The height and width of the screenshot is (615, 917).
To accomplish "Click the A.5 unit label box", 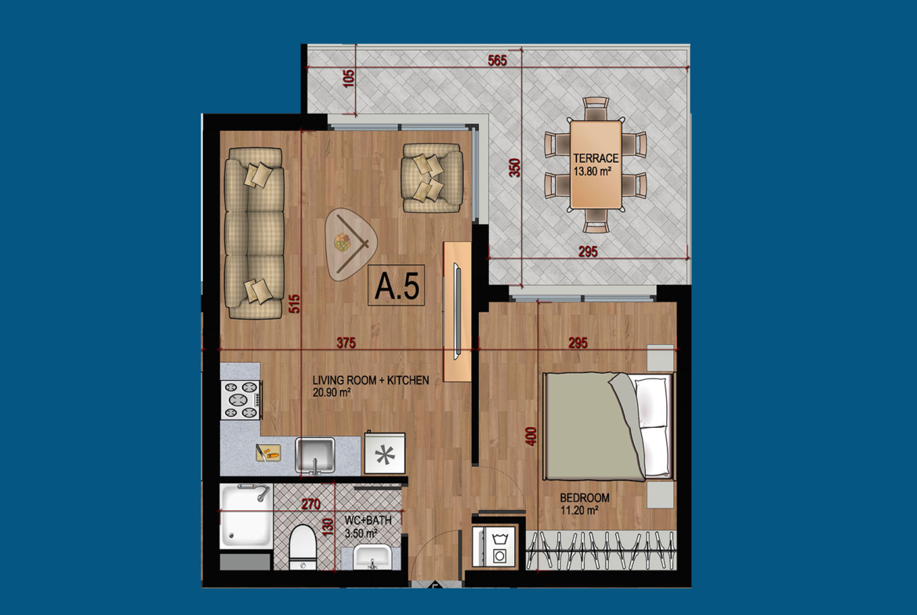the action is tap(397, 286).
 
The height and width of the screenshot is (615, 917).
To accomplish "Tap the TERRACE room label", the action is tap(596, 157).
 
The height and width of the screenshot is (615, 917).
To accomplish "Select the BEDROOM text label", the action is tap(584, 498).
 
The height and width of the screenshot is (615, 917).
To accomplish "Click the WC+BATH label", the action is tap(368, 519).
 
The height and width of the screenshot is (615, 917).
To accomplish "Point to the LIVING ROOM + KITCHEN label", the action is tap(371, 380).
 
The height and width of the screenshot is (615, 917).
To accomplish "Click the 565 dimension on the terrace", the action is tap(497, 60).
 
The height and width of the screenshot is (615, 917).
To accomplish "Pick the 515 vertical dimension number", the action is tap(294, 303).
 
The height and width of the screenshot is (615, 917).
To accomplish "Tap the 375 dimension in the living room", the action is tap(346, 342).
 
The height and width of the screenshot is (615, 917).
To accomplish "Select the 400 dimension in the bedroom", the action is tap(531, 436).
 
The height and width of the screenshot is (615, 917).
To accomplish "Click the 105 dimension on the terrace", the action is tap(349, 78).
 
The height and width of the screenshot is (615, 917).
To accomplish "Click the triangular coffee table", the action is tap(350, 244).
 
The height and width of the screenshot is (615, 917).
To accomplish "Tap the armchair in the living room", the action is tap(432, 178).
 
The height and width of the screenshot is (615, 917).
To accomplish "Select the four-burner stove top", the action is tap(241, 400).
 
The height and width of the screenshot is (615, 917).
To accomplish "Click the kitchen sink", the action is tap(314, 455).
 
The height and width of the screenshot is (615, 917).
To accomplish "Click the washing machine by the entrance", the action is tap(495, 547).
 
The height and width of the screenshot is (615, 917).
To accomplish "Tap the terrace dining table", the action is tap(596, 165).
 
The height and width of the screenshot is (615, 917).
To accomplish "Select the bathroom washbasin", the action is tap(372, 556).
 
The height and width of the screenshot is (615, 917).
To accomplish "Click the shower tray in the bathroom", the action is tap(246, 516).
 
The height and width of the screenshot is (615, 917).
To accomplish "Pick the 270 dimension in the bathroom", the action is tap(310, 503).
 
